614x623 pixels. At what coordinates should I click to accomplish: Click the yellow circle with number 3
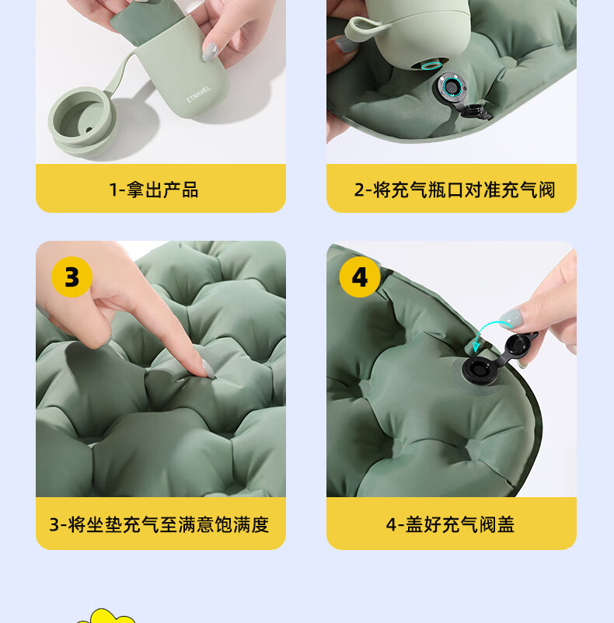pos(72,277)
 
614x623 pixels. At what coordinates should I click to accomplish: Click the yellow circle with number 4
pos(360,277)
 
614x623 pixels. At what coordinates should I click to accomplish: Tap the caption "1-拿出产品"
pos(154,190)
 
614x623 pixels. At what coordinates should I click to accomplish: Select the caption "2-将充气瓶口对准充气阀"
pos(455,190)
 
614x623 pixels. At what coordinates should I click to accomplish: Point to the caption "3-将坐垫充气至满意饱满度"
pos(159,524)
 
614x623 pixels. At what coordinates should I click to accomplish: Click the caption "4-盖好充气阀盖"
pos(450,524)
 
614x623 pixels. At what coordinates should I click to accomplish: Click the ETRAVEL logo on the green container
pos(198,94)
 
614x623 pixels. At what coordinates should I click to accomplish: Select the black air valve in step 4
pos(480,370)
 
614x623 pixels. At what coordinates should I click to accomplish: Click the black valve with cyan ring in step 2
pos(451,87)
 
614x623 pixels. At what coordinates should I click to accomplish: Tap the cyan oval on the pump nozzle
pos(431,65)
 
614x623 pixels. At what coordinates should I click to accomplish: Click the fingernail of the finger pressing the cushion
pos(208,368)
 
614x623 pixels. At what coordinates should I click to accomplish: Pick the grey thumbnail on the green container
pos(210,51)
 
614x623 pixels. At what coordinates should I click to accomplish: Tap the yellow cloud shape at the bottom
pos(105,616)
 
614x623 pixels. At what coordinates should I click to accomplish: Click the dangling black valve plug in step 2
pos(476,112)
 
